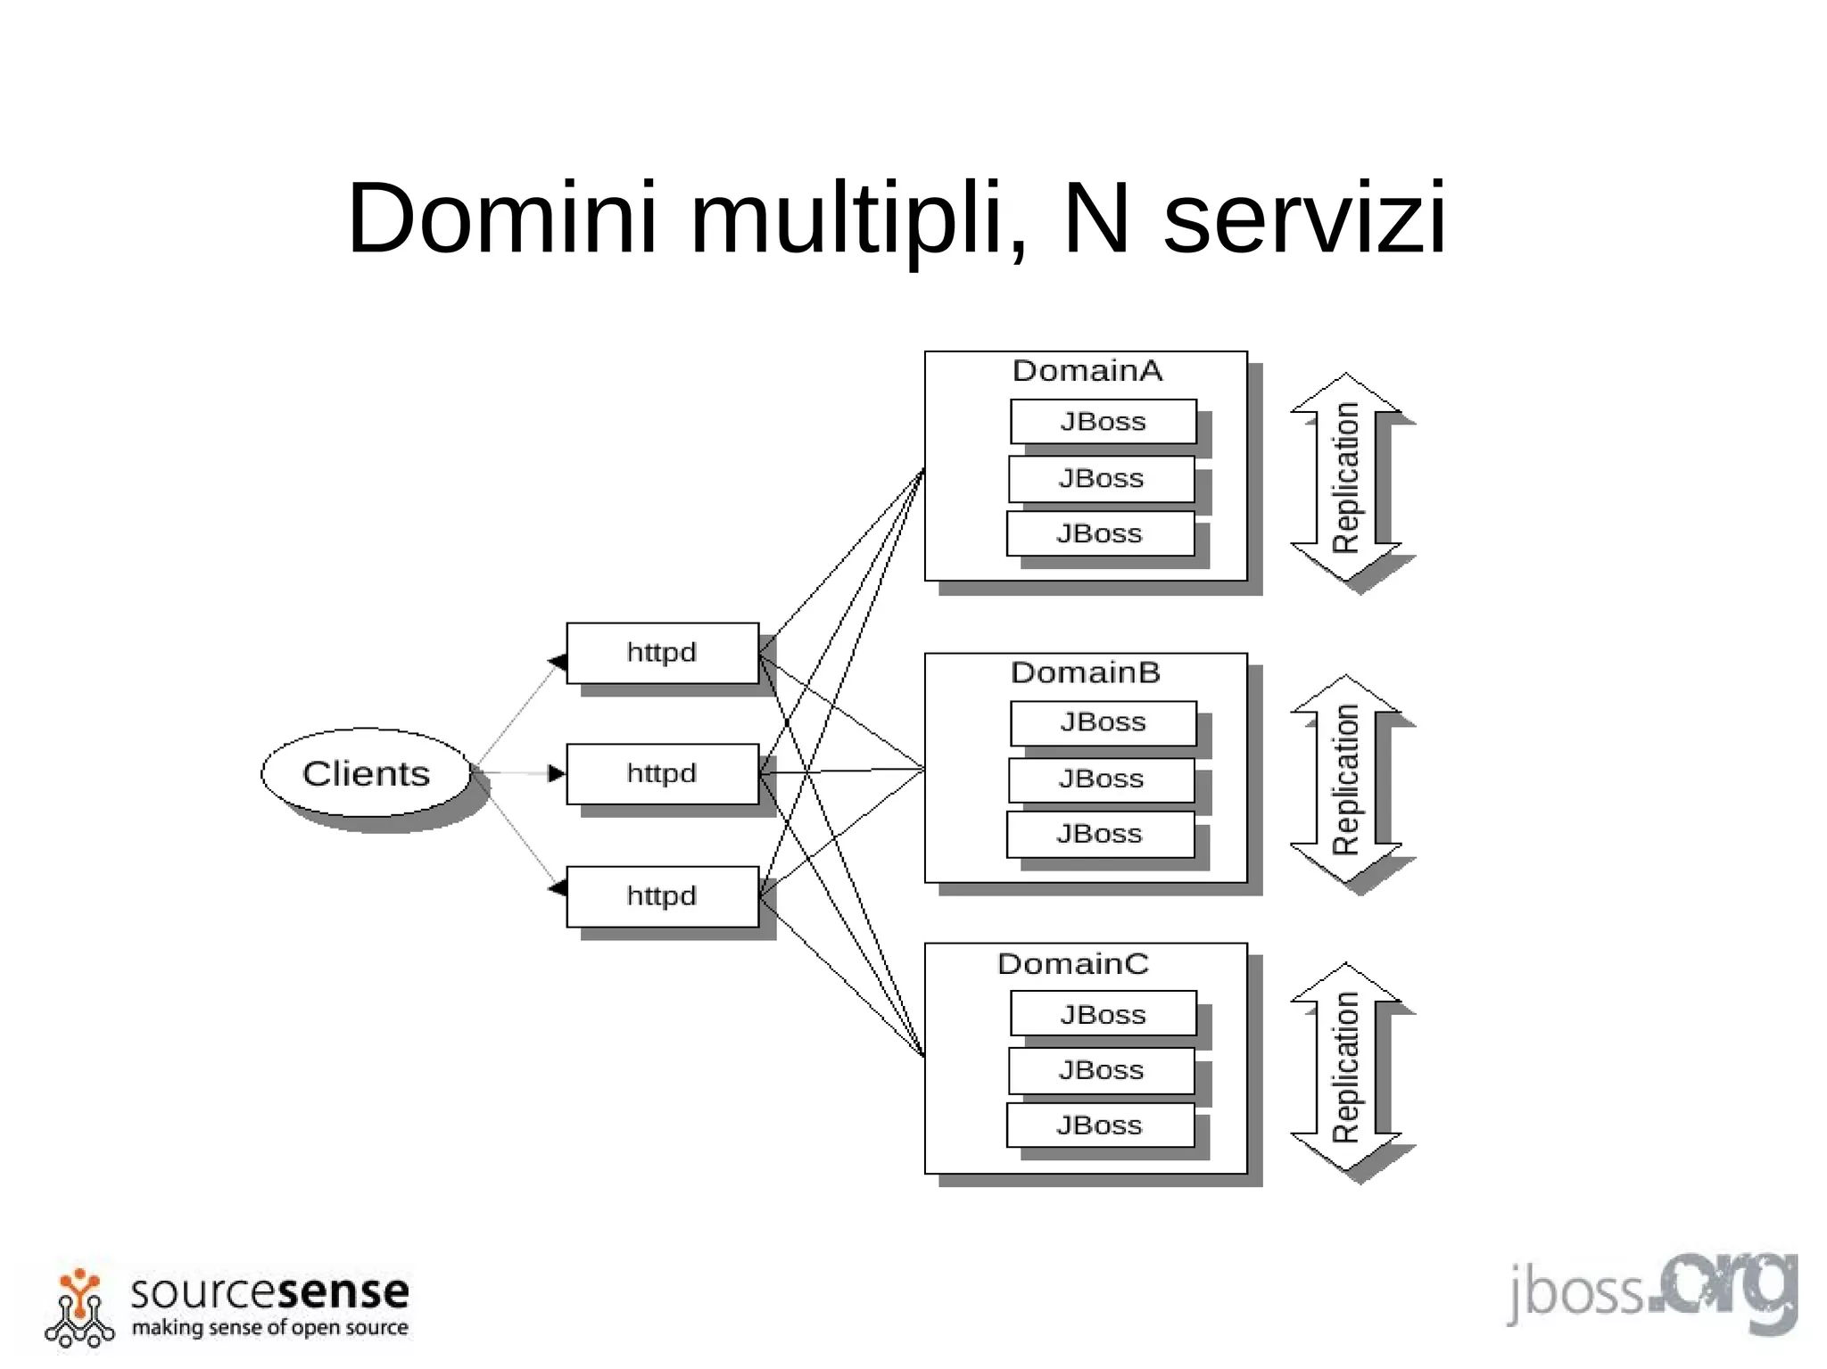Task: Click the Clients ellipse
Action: point(366,772)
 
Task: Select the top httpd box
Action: point(662,653)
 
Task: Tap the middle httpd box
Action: point(662,773)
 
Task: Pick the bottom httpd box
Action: point(662,895)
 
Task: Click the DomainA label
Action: point(1087,371)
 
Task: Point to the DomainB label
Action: point(1085,672)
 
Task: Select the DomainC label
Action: point(1072,964)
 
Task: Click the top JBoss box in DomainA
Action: point(1103,421)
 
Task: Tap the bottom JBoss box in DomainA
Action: point(1099,533)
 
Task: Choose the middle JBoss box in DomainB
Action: point(1101,779)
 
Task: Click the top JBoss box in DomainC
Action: point(1103,1014)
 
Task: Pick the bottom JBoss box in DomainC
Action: point(1099,1126)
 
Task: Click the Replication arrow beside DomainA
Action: point(1345,478)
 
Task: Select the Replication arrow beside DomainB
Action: point(1345,779)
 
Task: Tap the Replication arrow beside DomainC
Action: point(1345,1068)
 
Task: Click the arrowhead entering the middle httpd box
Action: point(557,773)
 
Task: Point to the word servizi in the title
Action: point(1304,219)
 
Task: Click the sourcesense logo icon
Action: point(79,1307)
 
